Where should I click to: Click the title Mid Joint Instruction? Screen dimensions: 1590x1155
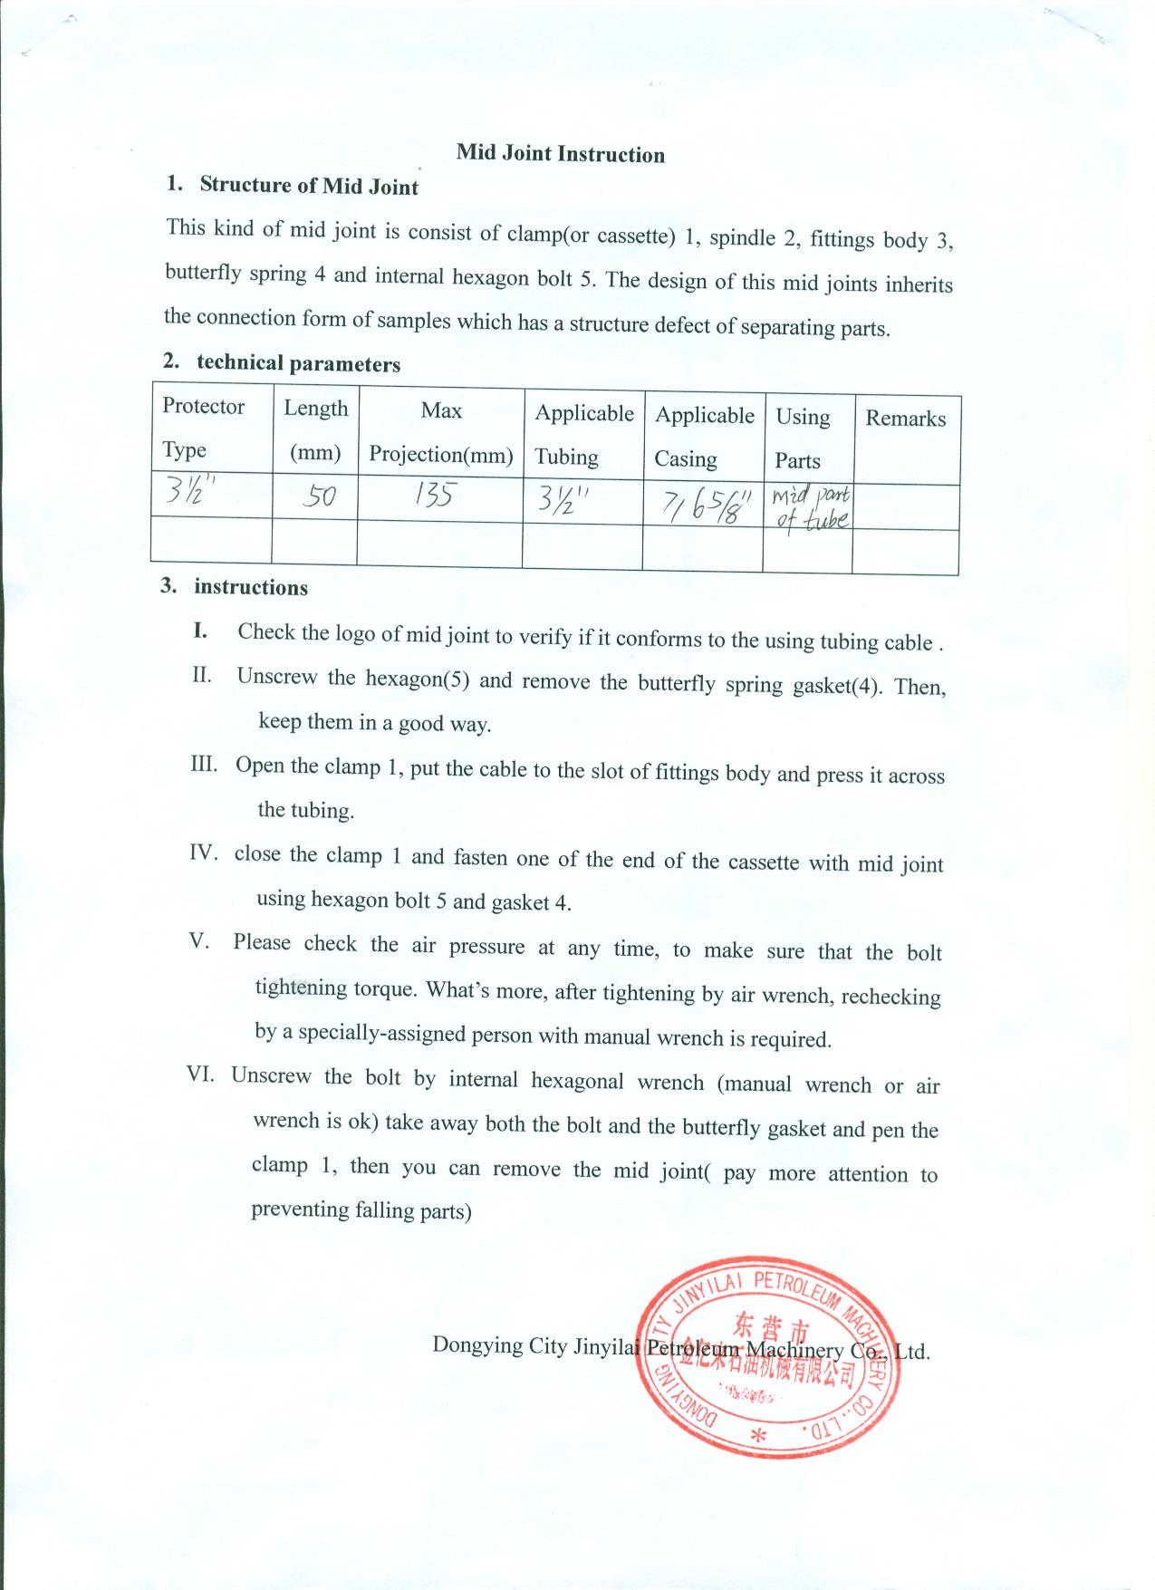click(560, 153)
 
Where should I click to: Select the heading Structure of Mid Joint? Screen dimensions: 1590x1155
click(309, 186)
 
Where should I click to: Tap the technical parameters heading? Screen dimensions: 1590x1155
click(298, 363)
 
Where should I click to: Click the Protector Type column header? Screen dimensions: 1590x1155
click(203, 428)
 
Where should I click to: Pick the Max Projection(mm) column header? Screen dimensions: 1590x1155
click(441, 432)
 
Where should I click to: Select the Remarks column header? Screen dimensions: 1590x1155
click(905, 418)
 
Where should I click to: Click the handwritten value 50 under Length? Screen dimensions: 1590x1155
click(319, 496)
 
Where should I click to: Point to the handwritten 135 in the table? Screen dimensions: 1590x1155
click(436, 495)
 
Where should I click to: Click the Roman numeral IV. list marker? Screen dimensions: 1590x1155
click(204, 853)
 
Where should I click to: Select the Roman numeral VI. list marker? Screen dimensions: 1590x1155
click(200, 1074)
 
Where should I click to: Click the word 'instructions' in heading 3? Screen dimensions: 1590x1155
click(251, 587)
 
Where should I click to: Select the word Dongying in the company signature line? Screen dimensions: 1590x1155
click(476, 1344)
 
